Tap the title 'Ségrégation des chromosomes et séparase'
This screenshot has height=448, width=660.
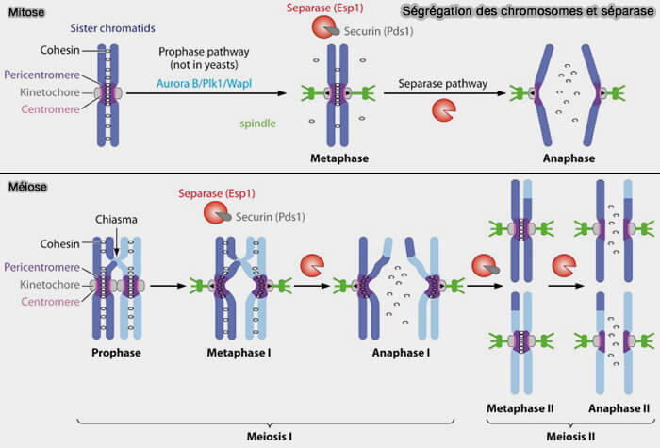[x=527, y=12]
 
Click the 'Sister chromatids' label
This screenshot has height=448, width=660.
[x=110, y=28]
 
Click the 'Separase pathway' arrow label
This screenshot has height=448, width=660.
[x=442, y=83]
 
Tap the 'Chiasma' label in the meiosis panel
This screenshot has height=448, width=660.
[x=117, y=220]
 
